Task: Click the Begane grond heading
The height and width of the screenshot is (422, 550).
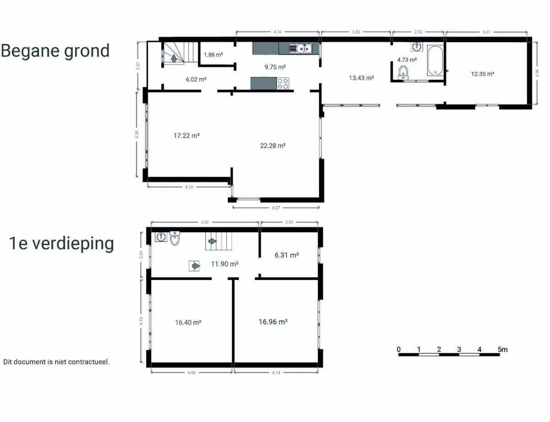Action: pos(55,51)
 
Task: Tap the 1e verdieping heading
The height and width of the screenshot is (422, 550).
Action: pos(61,244)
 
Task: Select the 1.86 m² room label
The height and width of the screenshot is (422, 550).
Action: pos(213,55)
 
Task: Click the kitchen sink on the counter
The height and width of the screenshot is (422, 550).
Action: pos(300,48)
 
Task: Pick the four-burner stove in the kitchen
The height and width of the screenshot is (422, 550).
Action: pos(283,84)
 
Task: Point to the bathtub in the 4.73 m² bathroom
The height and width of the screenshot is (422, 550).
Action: pos(435,60)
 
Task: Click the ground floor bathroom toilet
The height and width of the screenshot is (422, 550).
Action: pos(403,72)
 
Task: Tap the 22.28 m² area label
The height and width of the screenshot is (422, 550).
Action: pos(273,146)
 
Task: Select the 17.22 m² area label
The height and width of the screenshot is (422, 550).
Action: pos(187,136)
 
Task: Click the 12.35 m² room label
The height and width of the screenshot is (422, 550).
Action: pos(483,74)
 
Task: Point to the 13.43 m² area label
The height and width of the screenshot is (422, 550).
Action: pos(362,78)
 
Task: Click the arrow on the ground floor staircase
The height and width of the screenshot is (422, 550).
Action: pos(174,58)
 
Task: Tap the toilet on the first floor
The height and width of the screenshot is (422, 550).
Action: pos(175,238)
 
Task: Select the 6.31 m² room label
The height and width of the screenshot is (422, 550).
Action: pos(287,255)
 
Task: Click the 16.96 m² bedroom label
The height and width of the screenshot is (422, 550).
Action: pos(273,322)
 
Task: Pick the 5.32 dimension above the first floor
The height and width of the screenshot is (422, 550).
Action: pos(205,222)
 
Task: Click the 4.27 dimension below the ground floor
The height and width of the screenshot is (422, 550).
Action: pos(276,208)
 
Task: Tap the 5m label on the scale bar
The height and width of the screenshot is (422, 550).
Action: pos(502,350)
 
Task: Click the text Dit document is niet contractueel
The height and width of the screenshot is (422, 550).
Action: pos(56,362)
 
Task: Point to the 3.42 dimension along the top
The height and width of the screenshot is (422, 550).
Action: pos(356,32)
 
